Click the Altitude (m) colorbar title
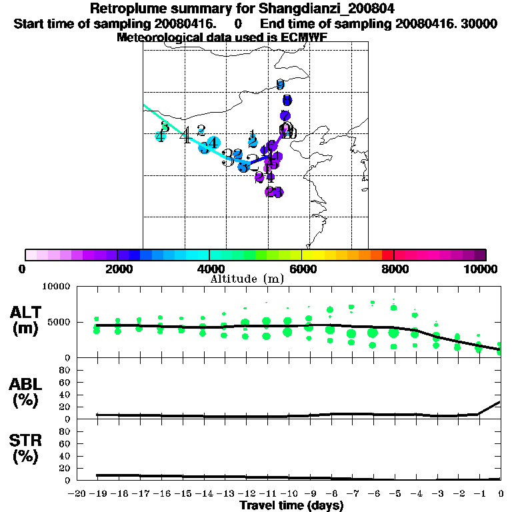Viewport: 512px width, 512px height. pos(247,279)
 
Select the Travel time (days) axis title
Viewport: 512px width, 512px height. pos(291,506)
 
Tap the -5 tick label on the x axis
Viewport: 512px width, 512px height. pos(393,494)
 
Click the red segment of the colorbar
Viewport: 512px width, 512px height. pos(388,255)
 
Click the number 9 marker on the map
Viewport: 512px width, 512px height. pos(280,85)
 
